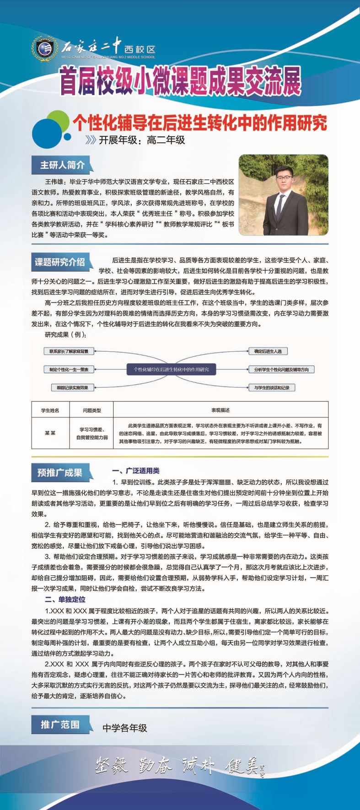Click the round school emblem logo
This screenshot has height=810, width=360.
[x=45, y=48]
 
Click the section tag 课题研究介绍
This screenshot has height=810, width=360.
[x=60, y=263]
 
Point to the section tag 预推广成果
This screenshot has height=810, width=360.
[x=60, y=472]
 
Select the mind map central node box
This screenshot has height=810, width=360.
[x=171, y=369]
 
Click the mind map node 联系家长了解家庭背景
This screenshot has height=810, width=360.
[x=69, y=351]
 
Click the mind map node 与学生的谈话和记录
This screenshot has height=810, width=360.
[x=272, y=387]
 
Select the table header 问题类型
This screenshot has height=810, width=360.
[x=91, y=410]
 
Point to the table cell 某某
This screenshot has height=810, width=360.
[x=50, y=433]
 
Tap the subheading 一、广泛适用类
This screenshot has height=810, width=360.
[x=135, y=471]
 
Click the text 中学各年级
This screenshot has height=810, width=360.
[x=124, y=728]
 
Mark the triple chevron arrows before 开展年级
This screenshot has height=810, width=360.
[x=91, y=140]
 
